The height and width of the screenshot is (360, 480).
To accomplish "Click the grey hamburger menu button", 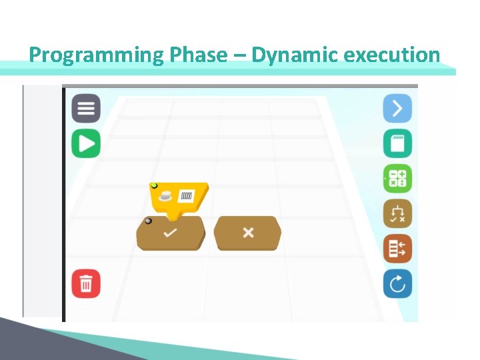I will [86, 109].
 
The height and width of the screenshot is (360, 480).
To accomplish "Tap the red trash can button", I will [86, 284].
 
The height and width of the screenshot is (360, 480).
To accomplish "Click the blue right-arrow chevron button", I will [397, 108].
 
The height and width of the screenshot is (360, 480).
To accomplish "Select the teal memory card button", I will [397, 143].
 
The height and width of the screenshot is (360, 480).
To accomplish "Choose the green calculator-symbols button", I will [397, 179].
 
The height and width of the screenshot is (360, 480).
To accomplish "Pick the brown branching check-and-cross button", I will [397, 214].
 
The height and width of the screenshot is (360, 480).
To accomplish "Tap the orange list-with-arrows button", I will [397, 249].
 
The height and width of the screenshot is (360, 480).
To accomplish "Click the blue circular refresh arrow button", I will [397, 285].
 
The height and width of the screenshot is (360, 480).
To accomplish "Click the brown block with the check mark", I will [171, 233].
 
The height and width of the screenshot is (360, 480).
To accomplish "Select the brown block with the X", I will [248, 233].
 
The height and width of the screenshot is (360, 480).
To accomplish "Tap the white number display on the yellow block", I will [186, 196].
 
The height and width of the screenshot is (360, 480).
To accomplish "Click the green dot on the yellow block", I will [154, 186].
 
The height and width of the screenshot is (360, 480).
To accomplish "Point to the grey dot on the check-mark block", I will [148, 221].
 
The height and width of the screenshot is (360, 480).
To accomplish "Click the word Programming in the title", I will [97, 55].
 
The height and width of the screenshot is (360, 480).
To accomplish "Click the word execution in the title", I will [391, 55].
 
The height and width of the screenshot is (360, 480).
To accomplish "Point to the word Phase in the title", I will [199, 55].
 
